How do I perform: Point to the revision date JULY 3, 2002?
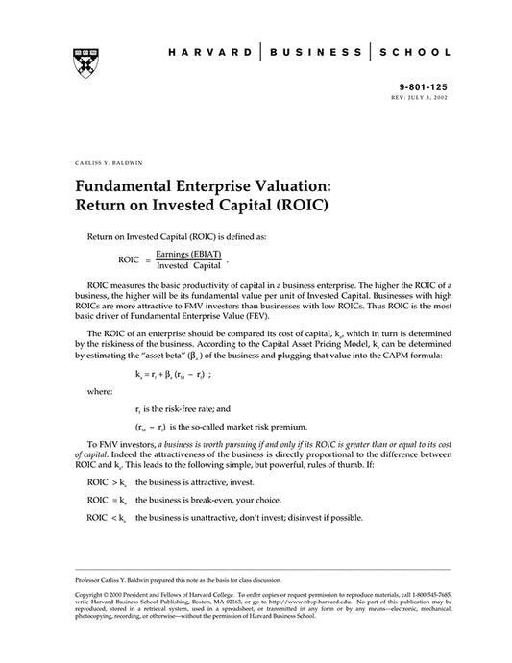(429, 97)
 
